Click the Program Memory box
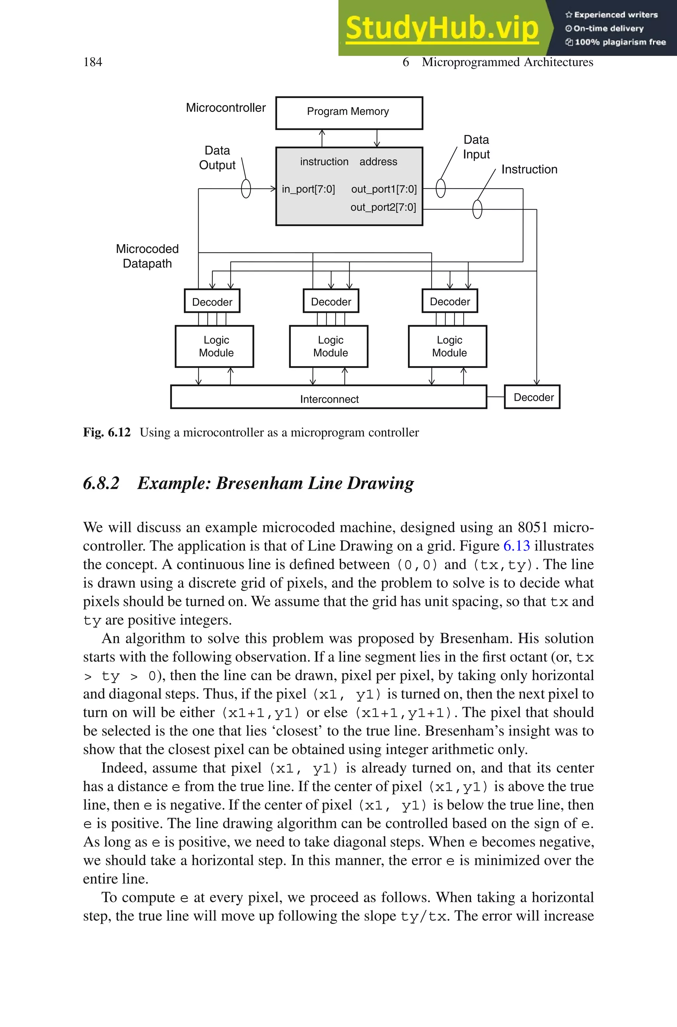coord(349,113)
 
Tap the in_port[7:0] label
coord(308,189)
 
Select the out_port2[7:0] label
coord(383,207)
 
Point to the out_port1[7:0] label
coord(384,189)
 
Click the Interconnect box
coord(329,397)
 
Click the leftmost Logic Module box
coord(215,346)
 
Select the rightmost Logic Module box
coord(447,346)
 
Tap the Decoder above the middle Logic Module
coord(331,301)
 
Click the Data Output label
coord(217,158)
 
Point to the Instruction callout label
coord(529,169)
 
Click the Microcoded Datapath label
coord(147,256)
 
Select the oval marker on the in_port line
coord(246,189)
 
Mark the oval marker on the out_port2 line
coord(477,209)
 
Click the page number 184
coord(93,62)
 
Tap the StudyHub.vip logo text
coord(442,28)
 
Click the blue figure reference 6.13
coord(516,546)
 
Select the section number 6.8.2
coord(101,483)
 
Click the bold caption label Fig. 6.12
coord(107,432)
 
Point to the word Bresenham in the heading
coord(259,483)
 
